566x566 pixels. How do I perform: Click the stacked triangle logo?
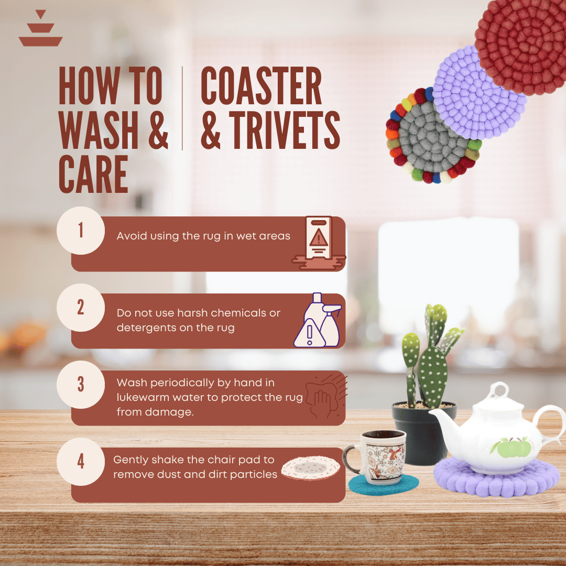[x=40, y=28]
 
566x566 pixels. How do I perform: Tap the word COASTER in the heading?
[x=261, y=86]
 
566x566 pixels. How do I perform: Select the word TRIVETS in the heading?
[x=285, y=130]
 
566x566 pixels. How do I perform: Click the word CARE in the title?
[x=93, y=175]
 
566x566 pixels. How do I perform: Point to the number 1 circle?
[x=81, y=230]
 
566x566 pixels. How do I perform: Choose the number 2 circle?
[x=81, y=308]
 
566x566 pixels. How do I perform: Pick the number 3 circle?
[x=81, y=385]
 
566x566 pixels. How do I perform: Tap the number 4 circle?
[x=81, y=462]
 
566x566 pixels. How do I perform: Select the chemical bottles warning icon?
[x=318, y=320]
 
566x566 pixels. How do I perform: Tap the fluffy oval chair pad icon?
[x=310, y=468]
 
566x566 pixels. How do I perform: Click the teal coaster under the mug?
[x=383, y=484]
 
